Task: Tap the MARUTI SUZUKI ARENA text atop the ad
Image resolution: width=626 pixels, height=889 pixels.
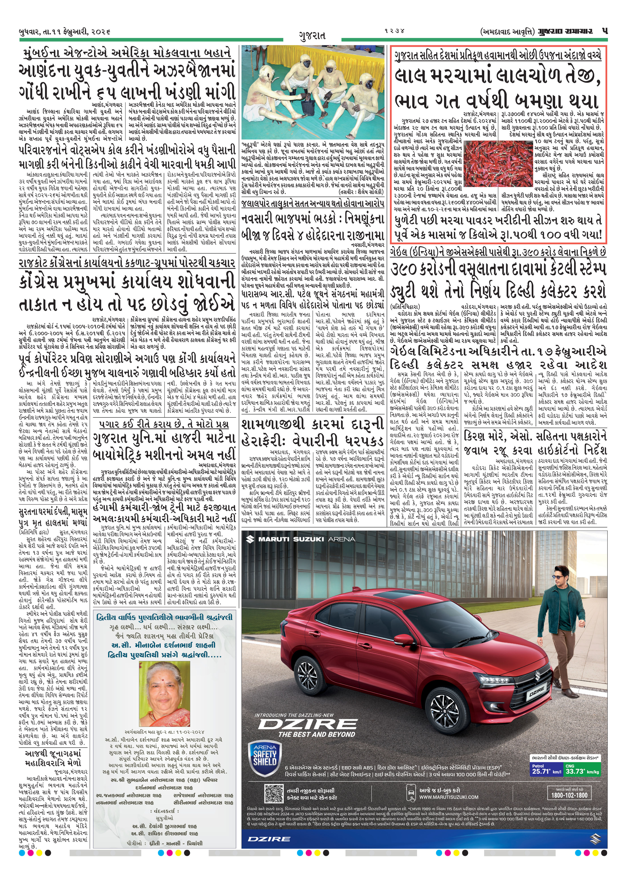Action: coord(301,539)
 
